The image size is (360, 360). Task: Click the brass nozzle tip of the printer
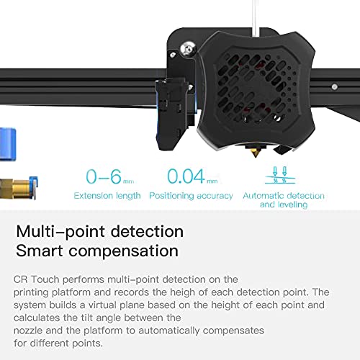tap(256, 151)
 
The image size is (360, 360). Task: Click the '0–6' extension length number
tap(104, 176)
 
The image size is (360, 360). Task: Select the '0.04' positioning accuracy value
tap(186, 176)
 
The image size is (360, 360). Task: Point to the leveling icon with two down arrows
tap(280, 175)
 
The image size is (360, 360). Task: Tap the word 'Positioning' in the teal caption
tap(171, 196)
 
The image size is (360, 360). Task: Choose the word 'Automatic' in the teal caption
tap(263, 196)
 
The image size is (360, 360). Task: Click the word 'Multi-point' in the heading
tap(60, 232)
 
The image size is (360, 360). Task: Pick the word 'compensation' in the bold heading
tap(124, 252)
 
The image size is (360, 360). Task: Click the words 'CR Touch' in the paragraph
tap(37, 279)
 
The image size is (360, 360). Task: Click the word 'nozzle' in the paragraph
tap(28, 330)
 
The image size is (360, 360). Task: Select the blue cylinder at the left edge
tap(8, 145)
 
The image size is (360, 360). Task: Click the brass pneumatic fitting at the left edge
tap(18, 188)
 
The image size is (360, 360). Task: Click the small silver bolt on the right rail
tap(335, 86)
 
